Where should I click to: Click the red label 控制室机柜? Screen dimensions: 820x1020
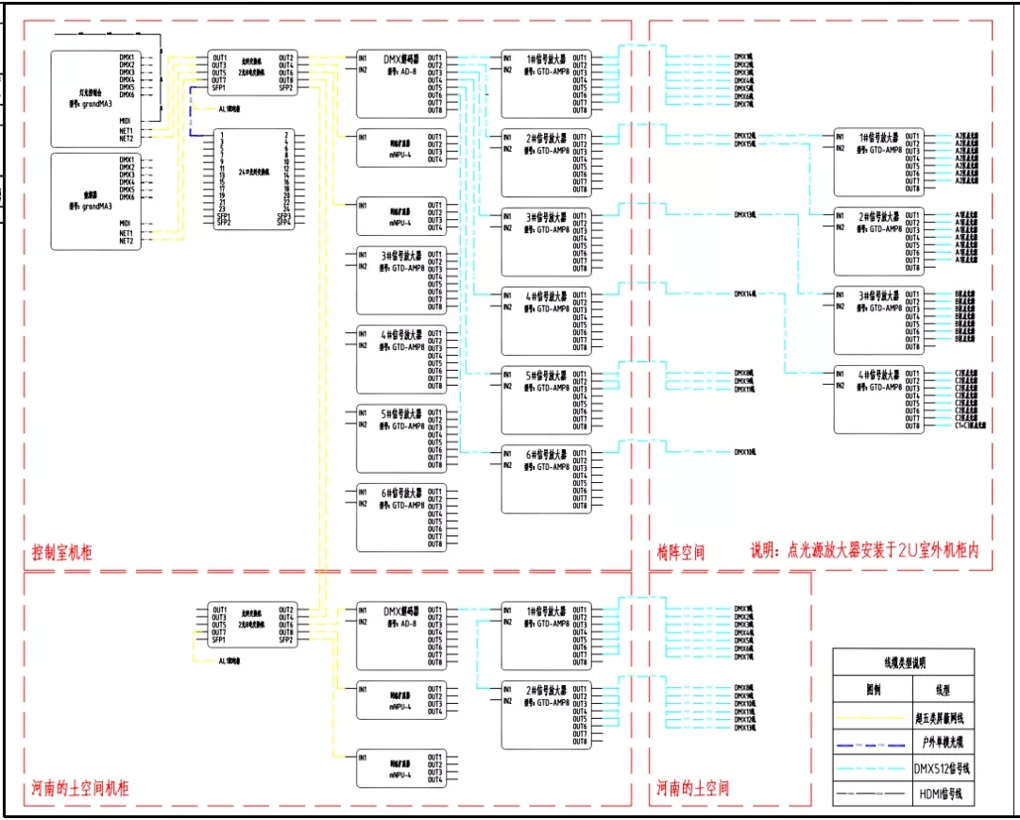(62, 554)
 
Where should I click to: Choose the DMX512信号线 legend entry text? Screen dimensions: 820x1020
(937, 768)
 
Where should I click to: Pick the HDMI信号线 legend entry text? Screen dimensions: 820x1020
(937, 794)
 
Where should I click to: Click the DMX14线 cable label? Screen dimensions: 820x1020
(745, 294)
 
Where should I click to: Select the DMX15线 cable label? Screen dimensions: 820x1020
(745, 144)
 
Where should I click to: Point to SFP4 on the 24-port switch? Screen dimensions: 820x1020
(283, 223)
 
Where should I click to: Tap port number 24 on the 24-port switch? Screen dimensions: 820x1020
(284, 209)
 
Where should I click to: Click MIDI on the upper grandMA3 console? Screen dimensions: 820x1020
(125, 120)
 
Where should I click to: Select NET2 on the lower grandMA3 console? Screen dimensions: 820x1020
(126, 241)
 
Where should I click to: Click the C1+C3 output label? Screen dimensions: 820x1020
(971, 426)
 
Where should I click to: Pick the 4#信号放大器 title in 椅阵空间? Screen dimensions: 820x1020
(877, 374)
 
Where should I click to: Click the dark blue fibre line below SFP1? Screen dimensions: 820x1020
(192, 104)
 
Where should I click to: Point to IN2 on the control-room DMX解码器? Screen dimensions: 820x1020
(363, 69)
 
